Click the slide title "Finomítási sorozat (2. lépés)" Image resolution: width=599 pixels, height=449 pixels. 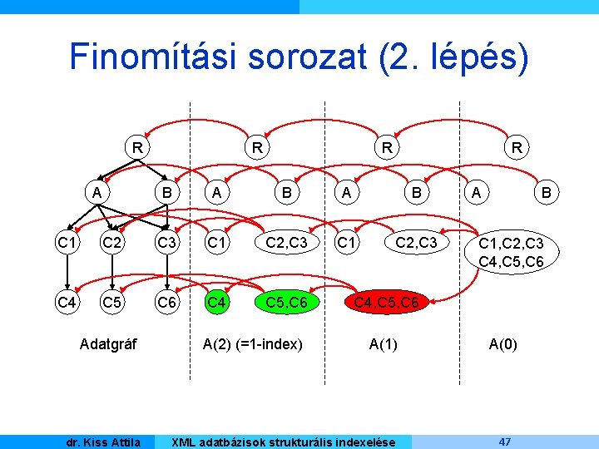pyautogui.click(x=299, y=57)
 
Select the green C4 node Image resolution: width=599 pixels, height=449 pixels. pyautogui.click(x=217, y=303)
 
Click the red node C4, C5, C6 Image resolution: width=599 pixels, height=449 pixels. pyautogui.click(x=386, y=303)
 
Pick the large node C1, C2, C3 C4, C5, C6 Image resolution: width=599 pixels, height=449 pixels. pyautogui.click(x=512, y=252)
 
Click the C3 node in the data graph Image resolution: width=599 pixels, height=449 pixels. pyautogui.click(x=166, y=243)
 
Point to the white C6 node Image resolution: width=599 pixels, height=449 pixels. pyautogui.click(x=166, y=303)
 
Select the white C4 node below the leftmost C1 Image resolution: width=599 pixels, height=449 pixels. pyautogui.click(x=66, y=303)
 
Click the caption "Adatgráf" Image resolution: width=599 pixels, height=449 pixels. pyautogui.click(x=108, y=343)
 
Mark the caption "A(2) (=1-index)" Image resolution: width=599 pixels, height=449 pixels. pyautogui.click(x=253, y=343)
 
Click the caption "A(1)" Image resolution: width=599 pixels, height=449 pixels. pyautogui.click(x=384, y=343)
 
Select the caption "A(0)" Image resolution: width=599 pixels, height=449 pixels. pyautogui.click(x=502, y=343)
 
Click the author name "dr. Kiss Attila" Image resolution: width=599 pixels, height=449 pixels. pyautogui.click(x=103, y=442)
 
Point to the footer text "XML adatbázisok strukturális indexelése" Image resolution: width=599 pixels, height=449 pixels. pyautogui.click(x=282, y=442)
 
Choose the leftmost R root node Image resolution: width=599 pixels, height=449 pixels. pyautogui.click(x=135, y=149)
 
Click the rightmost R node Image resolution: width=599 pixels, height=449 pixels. pyautogui.click(x=517, y=149)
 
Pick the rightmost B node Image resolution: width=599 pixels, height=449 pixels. pyautogui.click(x=547, y=193)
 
